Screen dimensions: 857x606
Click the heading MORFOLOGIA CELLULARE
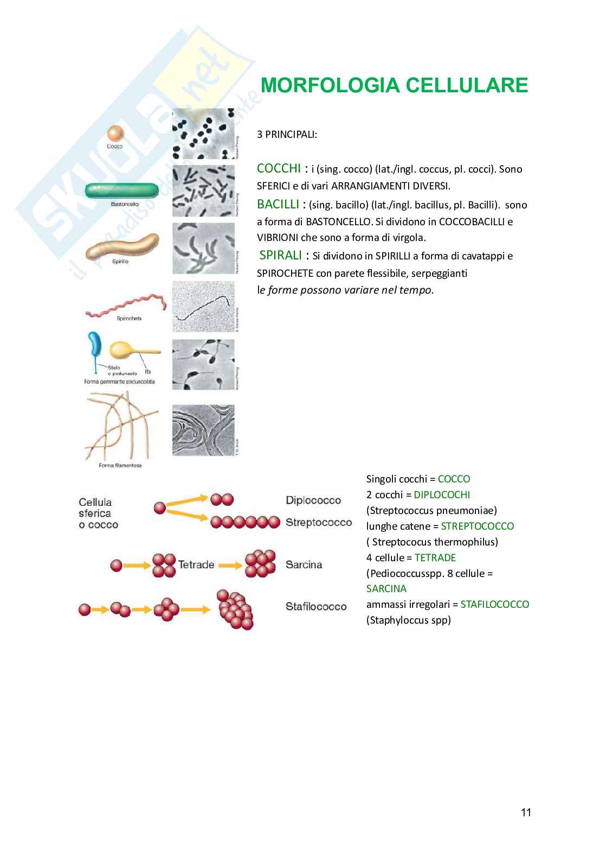pyautogui.click(x=394, y=86)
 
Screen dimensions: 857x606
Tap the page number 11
pyautogui.click(x=526, y=812)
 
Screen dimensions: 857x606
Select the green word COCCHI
pyautogui.click(x=279, y=168)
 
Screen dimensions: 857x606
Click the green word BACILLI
pyautogui.click(x=278, y=204)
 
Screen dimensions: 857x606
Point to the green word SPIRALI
pyautogui.click(x=280, y=255)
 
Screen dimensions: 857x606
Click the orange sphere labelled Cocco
pyautogui.click(x=115, y=134)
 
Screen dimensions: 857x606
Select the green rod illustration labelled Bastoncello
pyautogui.click(x=121, y=191)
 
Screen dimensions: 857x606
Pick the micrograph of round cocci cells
pyautogui.click(x=203, y=134)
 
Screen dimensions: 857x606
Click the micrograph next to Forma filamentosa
pyautogui.click(x=203, y=430)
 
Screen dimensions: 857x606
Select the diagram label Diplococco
pyautogui.click(x=313, y=500)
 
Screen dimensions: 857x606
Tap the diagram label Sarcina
pyautogui.click(x=304, y=565)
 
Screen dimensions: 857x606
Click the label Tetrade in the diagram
pyautogui.click(x=196, y=565)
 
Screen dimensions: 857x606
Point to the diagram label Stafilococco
pyautogui.click(x=316, y=606)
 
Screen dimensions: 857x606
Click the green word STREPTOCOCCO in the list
pyautogui.click(x=477, y=526)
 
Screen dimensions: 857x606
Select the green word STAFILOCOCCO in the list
pyautogui.click(x=494, y=604)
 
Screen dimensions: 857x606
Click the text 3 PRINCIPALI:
pyautogui.click(x=287, y=134)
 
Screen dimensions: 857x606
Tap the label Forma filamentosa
pyautogui.click(x=120, y=465)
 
